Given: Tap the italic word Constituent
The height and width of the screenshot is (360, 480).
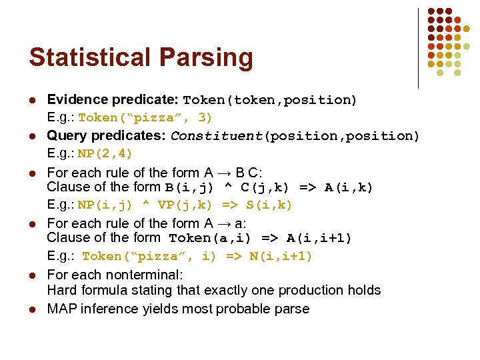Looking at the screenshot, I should (217, 136).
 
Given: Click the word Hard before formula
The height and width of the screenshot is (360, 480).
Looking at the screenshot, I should (62, 290).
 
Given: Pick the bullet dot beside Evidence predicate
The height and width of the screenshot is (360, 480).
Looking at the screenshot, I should (32, 100).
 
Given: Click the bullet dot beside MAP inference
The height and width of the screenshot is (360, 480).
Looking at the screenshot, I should (32, 309).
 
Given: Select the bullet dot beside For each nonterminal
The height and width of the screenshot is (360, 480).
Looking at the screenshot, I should (32, 275).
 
